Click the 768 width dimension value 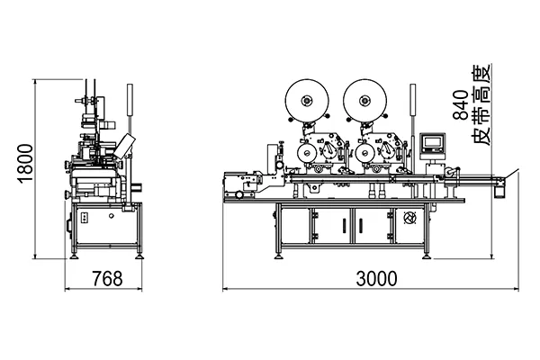pos(107,279)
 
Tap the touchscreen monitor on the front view pos(433,142)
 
